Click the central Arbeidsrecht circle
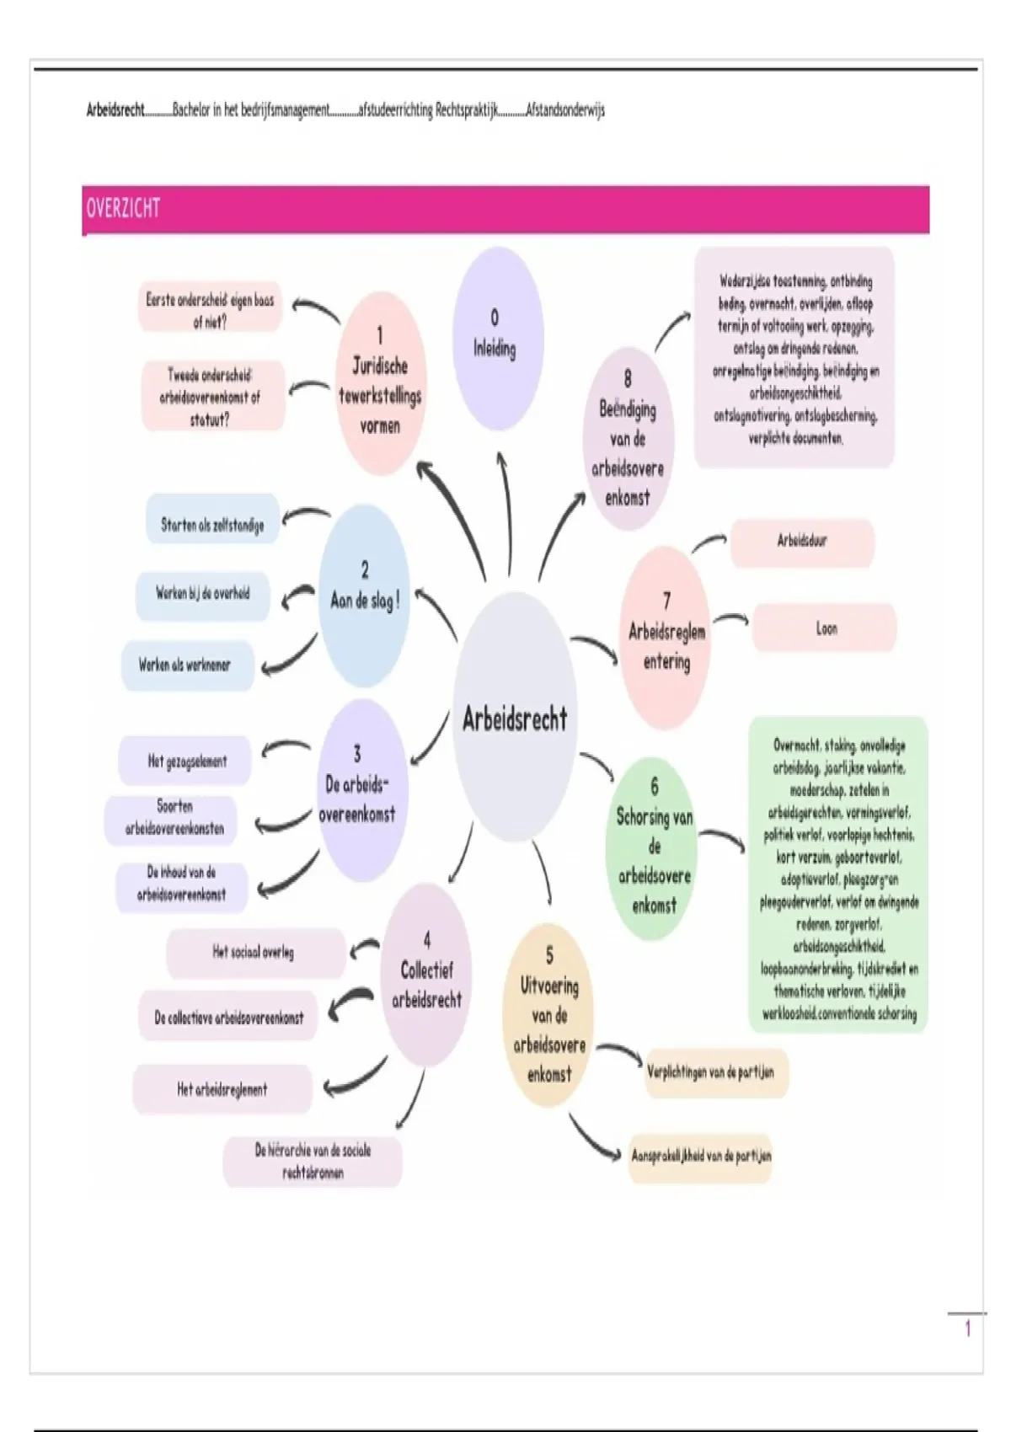[x=515, y=717]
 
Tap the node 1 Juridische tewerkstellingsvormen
[x=380, y=383]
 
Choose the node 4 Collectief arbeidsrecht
[x=426, y=973]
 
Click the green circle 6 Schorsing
[x=654, y=847]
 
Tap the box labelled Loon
[x=825, y=628]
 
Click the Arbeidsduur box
[x=802, y=542]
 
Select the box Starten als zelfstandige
[x=212, y=525]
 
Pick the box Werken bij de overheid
[x=203, y=594]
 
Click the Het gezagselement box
[x=187, y=761]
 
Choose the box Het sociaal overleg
[x=254, y=953]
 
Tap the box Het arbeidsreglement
[x=222, y=1089]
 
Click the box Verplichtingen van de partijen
[x=714, y=1073]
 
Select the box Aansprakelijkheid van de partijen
[x=701, y=1157]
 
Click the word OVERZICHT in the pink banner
[x=123, y=208]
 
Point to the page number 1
[x=968, y=1328]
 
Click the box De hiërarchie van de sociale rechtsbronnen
[x=313, y=1161]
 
